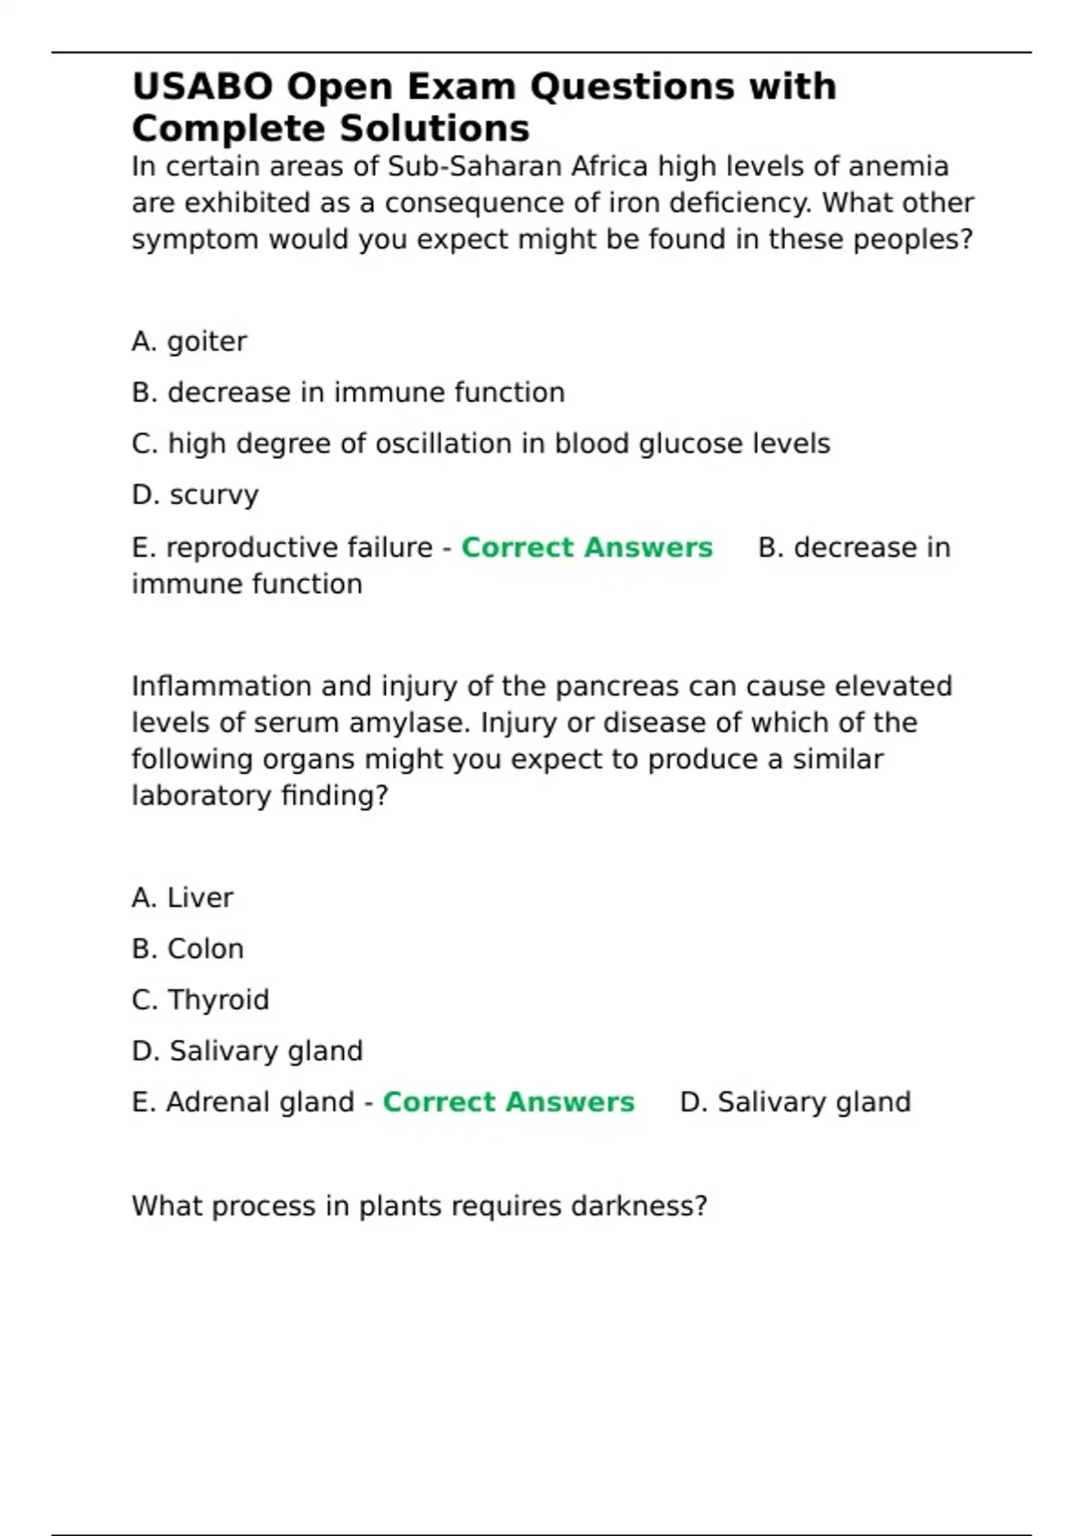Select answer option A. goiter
tap(189, 342)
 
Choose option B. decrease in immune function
tap(348, 393)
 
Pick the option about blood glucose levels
tap(481, 445)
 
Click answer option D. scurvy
tap(195, 495)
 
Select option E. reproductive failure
tap(282, 548)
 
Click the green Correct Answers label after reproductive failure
tap(587, 548)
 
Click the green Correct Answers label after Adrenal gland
tap(509, 1102)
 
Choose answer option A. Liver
tap(182, 898)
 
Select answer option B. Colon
tap(188, 949)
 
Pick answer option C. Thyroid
tap(201, 1000)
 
